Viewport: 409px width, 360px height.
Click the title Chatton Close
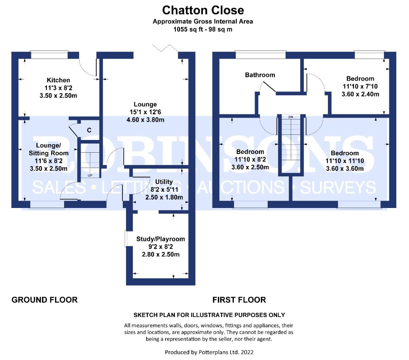pos(203,10)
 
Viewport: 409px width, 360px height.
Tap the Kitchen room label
pos(58,80)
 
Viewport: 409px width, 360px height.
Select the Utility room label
pos(164,182)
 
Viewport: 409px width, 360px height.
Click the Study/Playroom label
pos(160,239)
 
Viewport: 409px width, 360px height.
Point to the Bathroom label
pos(260,75)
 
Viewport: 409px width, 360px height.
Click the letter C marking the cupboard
pos(89,130)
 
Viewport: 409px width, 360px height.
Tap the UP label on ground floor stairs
pos(90,175)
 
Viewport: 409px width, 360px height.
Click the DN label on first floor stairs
pos(291,117)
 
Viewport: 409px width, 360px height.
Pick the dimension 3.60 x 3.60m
pos(345,168)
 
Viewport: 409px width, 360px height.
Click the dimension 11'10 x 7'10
pos(360,86)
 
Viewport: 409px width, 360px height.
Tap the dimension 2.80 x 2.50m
pos(160,254)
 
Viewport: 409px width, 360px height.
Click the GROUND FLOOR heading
pos(44,300)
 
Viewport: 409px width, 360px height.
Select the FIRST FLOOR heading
pos(239,300)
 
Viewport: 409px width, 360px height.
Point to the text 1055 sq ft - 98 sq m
pos(203,29)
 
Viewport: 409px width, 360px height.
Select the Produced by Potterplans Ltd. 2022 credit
pos(209,352)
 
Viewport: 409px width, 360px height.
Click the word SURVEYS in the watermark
pos(338,187)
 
